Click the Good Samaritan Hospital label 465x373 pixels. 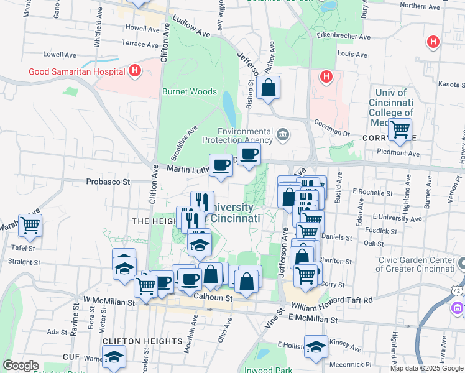[x=76, y=71]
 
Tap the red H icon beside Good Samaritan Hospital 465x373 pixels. [x=135, y=71]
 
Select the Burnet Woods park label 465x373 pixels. [x=190, y=91]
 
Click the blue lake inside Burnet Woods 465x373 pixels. [x=229, y=109]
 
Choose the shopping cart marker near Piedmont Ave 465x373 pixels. [x=400, y=129]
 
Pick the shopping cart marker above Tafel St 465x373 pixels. [x=30, y=225]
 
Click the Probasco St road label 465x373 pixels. [x=108, y=182]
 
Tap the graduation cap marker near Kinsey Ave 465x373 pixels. [x=316, y=346]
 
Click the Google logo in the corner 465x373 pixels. [x=21, y=366]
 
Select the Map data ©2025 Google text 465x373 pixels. [x=426, y=368]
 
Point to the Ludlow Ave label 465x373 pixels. [x=192, y=27]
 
